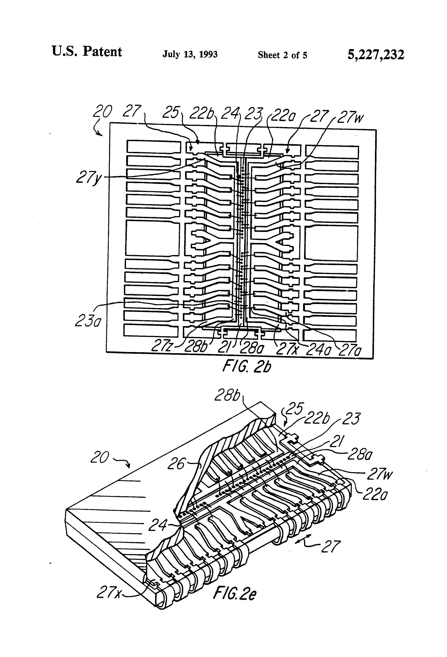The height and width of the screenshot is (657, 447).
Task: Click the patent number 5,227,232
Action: pos(376,55)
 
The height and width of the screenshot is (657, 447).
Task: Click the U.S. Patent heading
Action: pos(87,52)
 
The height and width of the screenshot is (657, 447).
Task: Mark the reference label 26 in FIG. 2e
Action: pos(177,464)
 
